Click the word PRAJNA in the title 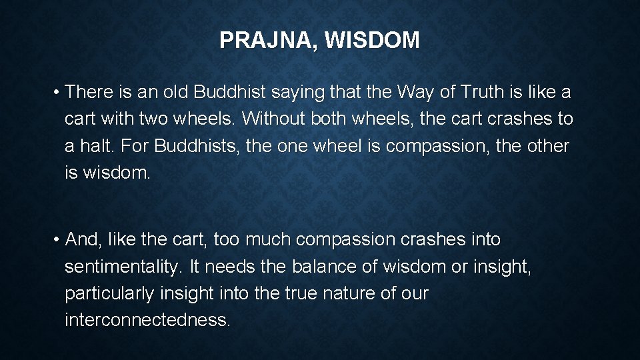262,41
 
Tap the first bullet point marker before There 58,91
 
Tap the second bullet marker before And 58,240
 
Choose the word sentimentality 123,267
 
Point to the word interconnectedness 147,320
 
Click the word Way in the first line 425,91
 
